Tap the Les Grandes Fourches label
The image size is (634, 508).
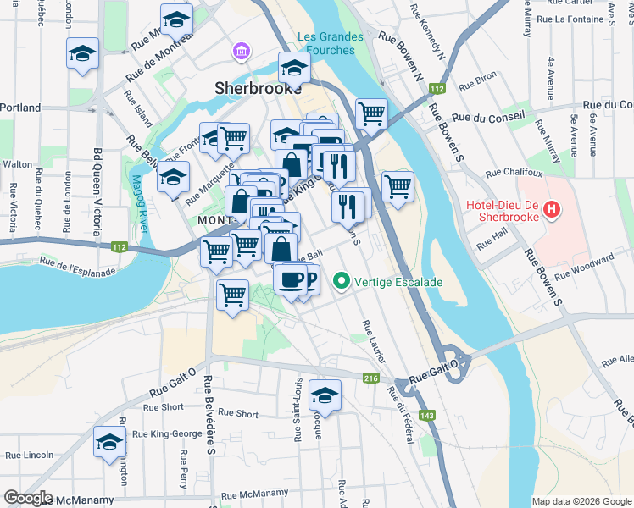(330, 43)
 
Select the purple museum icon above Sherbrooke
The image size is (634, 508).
(242, 53)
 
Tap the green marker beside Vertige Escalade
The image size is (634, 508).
(341, 279)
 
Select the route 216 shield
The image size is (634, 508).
(370, 378)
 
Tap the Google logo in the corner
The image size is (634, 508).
(28, 498)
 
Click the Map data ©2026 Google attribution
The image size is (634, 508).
(581, 501)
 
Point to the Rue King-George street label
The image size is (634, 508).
(173, 434)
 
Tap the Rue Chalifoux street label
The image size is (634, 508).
(513, 173)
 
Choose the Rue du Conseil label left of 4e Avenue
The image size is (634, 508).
(489, 116)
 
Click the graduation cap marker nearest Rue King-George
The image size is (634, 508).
(109, 443)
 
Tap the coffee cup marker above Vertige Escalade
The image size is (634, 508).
(291, 279)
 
